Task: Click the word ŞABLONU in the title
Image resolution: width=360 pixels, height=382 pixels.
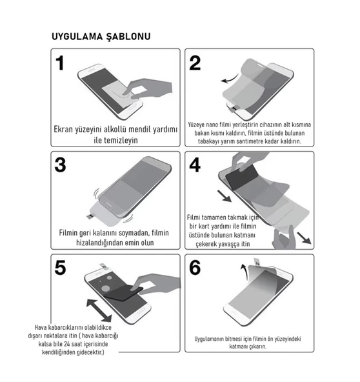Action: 128,37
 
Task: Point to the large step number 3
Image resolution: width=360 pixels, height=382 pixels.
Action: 61,165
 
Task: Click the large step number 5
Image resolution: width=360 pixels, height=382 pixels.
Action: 61,266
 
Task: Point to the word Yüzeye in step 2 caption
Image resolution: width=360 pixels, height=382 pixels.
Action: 197,124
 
